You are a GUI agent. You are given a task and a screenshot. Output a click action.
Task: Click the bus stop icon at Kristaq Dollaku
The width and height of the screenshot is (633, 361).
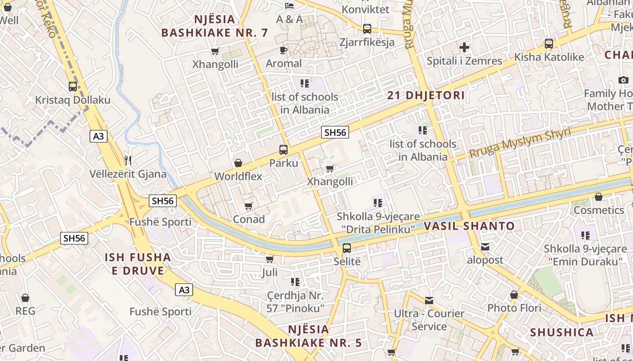pyautogui.click(x=73, y=86)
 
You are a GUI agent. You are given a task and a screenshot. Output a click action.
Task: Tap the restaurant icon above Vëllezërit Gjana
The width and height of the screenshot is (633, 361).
pyautogui.click(x=128, y=160)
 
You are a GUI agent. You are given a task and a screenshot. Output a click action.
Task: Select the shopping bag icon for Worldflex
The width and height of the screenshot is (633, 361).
pyautogui.click(x=238, y=163)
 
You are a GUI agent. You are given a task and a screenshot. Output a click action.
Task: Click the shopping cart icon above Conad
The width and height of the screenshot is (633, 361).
pyautogui.click(x=248, y=206)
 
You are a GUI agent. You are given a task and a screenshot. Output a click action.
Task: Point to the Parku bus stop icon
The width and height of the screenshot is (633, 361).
pyautogui.click(x=283, y=149)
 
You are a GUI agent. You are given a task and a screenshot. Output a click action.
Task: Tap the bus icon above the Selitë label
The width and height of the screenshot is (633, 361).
pyautogui.click(x=347, y=248)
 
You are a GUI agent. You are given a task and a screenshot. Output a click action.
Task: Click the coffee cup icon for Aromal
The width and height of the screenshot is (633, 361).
pyautogui.click(x=283, y=50)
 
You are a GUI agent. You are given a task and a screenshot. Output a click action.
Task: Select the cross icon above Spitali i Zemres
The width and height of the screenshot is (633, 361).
pyautogui.click(x=464, y=47)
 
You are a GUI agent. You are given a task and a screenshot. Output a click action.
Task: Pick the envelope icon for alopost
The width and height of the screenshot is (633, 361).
pyautogui.click(x=485, y=247)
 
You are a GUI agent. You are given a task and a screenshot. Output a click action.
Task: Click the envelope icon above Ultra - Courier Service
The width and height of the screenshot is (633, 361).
pyautogui.click(x=429, y=300)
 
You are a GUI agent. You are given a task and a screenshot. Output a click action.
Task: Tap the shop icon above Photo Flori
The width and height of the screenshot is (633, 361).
pyautogui.click(x=514, y=295)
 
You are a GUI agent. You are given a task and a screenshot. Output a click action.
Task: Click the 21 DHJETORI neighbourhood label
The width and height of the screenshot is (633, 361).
pyautogui.click(x=426, y=95)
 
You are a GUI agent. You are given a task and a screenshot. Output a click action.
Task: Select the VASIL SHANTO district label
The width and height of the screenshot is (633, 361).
pyautogui.click(x=469, y=226)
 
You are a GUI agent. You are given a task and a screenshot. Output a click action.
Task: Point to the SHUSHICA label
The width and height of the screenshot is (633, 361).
pyautogui.click(x=562, y=333)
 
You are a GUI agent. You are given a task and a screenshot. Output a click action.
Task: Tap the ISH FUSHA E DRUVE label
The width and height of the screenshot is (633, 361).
pyautogui.click(x=138, y=264)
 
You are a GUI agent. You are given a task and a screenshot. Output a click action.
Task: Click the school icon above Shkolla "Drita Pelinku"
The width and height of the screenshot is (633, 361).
pyautogui.click(x=378, y=203)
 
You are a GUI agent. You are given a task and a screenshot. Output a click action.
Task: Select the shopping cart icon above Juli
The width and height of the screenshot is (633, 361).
pyautogui.click(x=270, y=259)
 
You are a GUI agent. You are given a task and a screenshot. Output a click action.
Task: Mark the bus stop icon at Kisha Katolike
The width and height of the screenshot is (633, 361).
pyautogui.click(x=549, y=44)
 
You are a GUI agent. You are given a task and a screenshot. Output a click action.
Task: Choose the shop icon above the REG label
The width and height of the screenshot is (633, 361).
pyautogui.click(x=25, y=298)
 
